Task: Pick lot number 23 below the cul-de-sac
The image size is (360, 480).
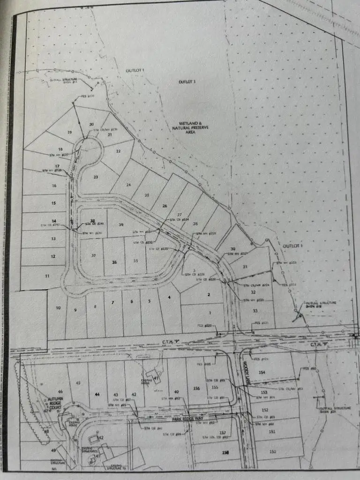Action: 96,177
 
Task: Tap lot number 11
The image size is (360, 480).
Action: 47,276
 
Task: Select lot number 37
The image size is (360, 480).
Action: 94,255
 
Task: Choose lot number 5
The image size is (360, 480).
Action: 149,301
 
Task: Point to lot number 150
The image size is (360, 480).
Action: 272,451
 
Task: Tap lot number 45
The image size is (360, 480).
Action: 78,383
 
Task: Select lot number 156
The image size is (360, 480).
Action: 196,388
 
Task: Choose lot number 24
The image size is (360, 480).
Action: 128,185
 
